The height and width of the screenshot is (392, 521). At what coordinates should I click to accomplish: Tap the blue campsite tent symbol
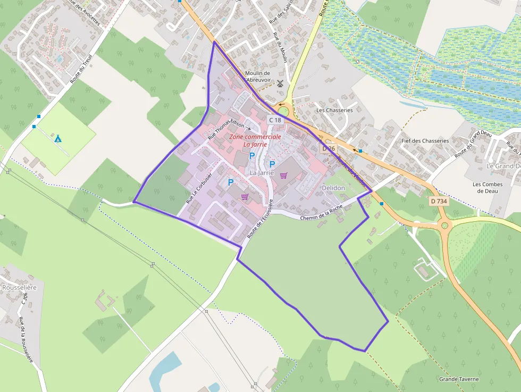point(58,139)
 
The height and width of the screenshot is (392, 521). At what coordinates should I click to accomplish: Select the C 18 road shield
point(275,120)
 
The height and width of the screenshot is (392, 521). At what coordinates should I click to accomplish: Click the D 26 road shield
point(329,148)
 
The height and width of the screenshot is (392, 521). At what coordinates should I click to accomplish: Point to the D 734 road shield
point(440,201)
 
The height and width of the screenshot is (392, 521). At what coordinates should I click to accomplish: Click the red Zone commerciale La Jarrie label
point(255,140)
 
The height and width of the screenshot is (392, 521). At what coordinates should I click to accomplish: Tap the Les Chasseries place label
point(334,110)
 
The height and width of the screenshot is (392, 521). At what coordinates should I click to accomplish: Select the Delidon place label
point(333,188)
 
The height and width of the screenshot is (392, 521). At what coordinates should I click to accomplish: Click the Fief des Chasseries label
point(425,141)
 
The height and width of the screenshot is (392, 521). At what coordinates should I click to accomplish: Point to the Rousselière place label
point(19,287)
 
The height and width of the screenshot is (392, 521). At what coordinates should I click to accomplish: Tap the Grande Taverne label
point(459,379)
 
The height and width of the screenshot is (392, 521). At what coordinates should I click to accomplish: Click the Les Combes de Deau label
point(488,188)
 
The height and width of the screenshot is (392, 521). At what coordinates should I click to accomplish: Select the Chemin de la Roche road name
point(322,213)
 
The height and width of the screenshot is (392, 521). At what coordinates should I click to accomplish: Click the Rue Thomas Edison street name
point(225,128)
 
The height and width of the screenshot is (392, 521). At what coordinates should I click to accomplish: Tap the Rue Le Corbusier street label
point(199,189)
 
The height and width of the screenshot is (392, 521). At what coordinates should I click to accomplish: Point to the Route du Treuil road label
point(81,69)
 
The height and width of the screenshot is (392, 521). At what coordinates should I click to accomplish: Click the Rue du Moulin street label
point(280,48)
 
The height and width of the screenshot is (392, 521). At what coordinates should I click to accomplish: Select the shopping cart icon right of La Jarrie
point(284,176)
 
